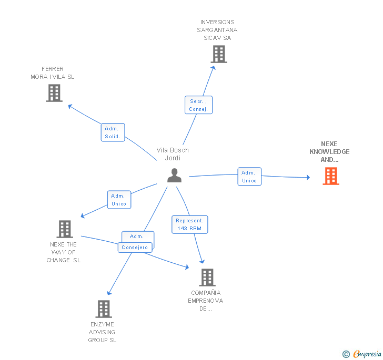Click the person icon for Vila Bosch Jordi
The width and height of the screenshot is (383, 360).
[x=174, y=176]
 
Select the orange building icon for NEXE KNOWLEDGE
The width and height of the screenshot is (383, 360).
[x=330, y=176]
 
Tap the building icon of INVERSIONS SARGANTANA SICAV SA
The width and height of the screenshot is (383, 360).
[x=219, y=54]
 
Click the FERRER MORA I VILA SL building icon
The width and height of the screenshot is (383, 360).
[x=54, y=92]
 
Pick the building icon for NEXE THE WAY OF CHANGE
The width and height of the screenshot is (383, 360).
[x=65, y=229]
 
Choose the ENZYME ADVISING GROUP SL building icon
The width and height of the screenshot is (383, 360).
[x=104, y=308]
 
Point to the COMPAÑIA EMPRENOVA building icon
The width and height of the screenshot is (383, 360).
[x=207, y=277]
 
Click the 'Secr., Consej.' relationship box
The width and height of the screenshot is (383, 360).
[x=199, y=105]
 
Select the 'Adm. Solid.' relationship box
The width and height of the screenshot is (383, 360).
[x=113, y=132]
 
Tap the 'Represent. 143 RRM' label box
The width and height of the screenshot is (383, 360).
[x=189, y=224]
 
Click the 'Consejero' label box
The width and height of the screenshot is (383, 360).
[x=135, y=247]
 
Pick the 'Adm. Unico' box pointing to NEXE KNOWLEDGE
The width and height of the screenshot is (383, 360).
[x=249, y=177]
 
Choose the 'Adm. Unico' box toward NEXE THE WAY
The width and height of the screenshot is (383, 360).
[x=119, y=200]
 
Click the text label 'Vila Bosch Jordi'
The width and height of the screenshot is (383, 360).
[x=173, y=154]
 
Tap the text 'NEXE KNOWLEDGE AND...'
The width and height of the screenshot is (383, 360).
[x=329, y=151]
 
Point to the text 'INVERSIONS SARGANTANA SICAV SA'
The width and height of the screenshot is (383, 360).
[x=217, y=30]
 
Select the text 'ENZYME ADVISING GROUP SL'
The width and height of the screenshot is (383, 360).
[x=102, y=332]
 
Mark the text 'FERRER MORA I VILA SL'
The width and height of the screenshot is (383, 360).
[x=53, y=73]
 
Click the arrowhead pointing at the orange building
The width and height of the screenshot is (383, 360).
[x=308, y=178]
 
